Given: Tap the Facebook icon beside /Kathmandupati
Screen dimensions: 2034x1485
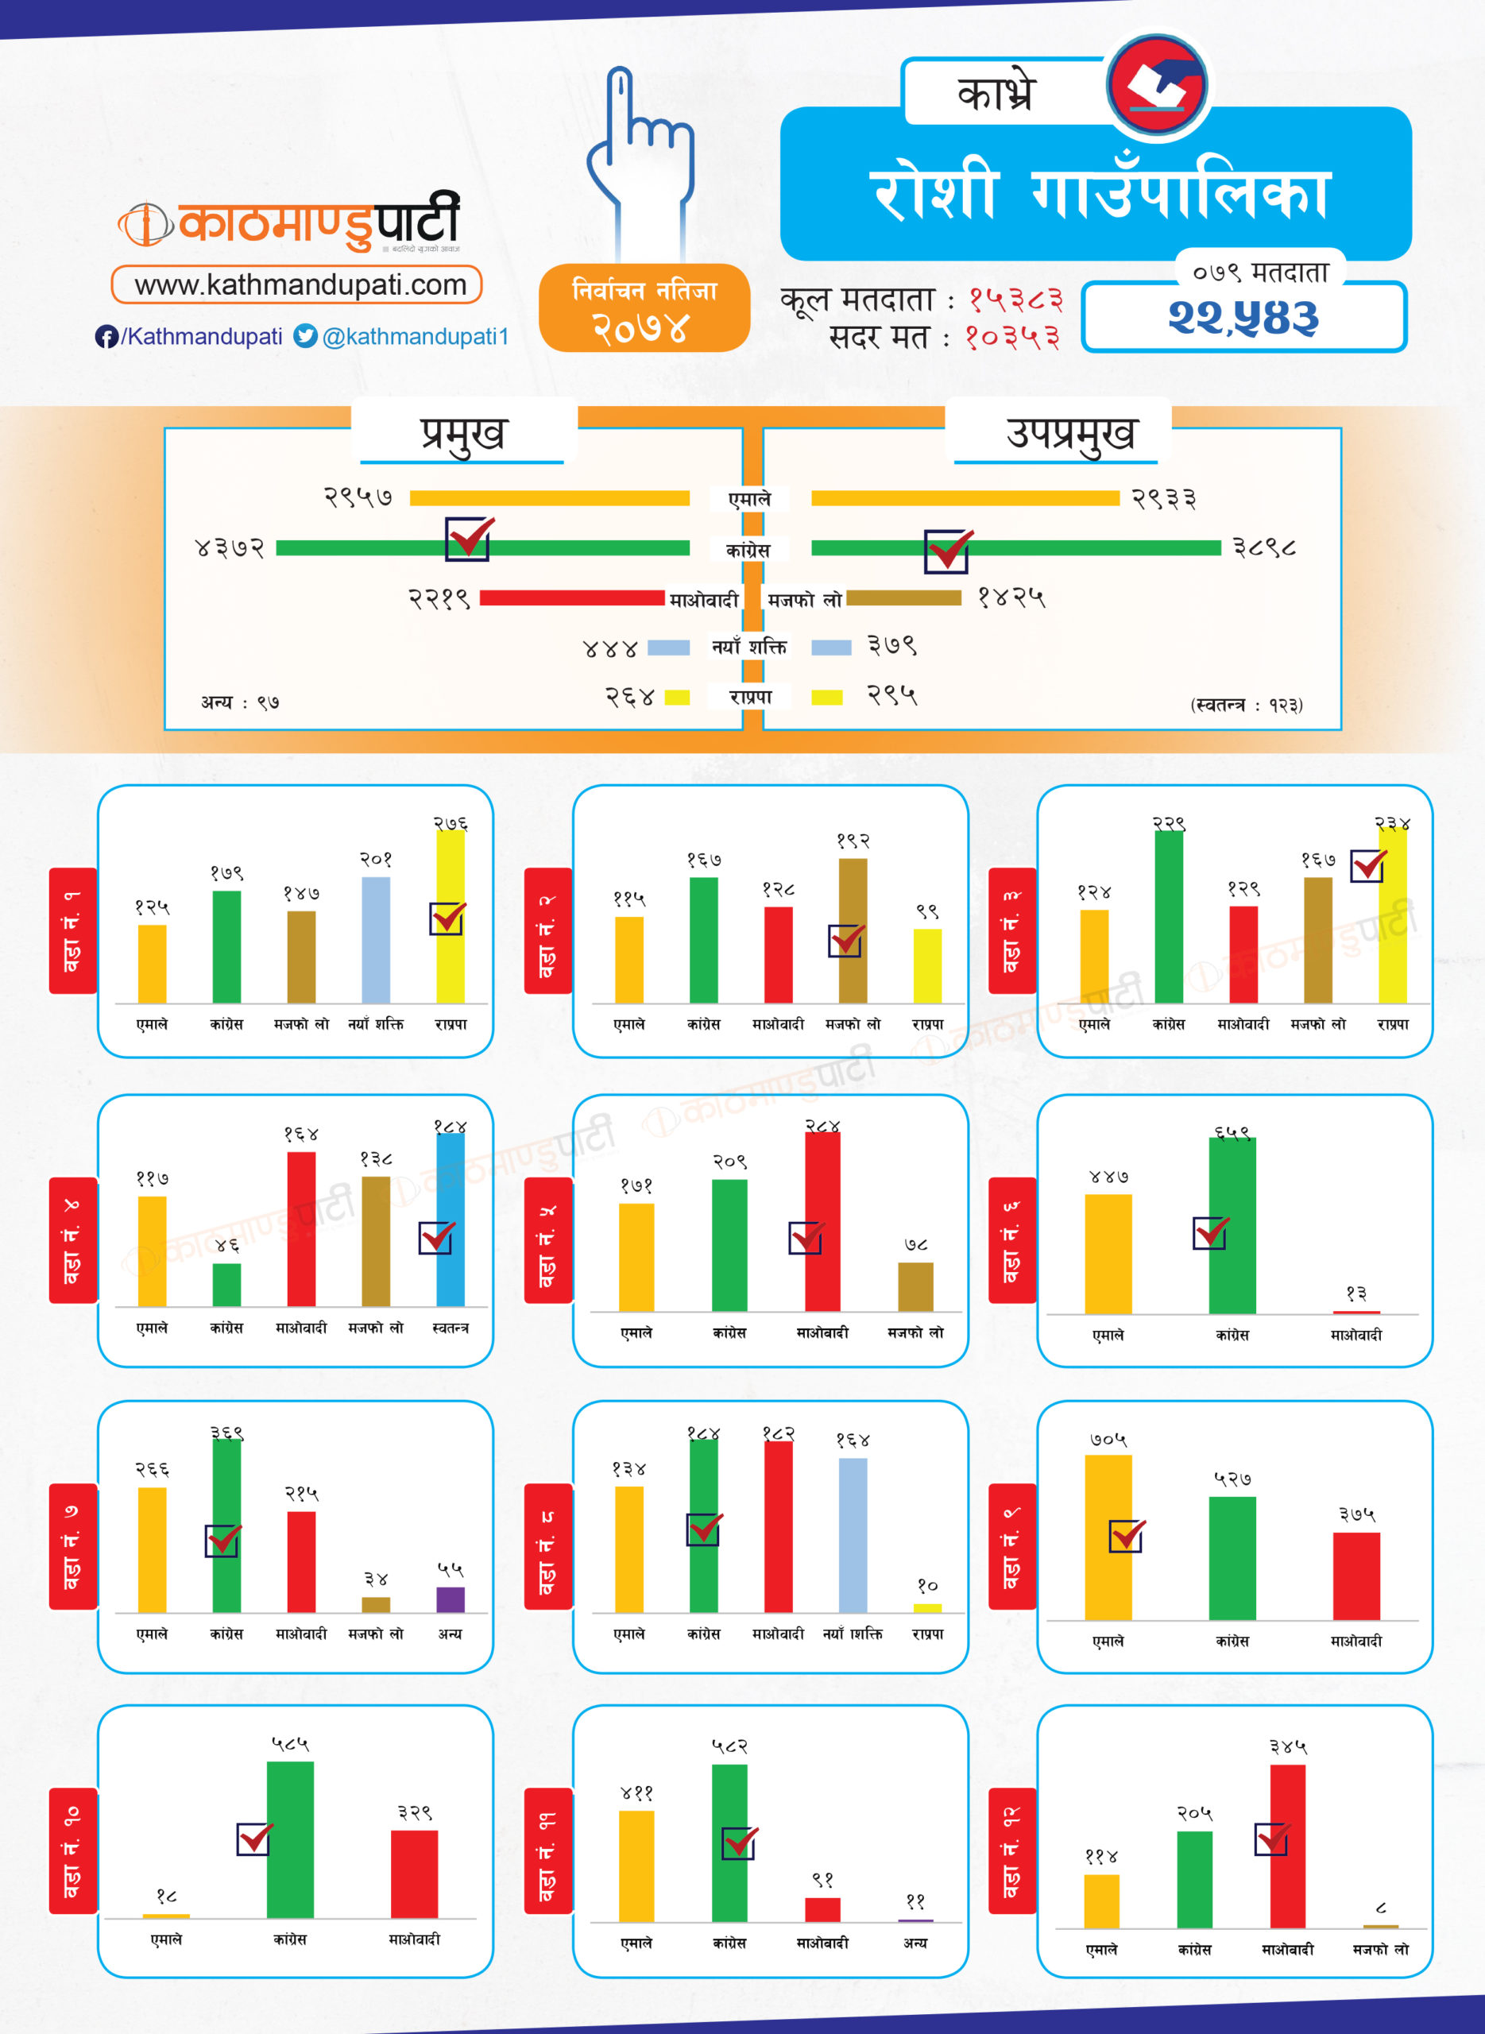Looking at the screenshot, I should (106, 337).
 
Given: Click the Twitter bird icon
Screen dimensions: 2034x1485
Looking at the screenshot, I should (306, 336).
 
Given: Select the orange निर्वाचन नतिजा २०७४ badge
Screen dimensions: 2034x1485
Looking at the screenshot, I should (644, 307).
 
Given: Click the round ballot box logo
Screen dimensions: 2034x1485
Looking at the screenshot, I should (1157, 84).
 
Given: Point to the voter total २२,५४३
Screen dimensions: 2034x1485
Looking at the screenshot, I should (1243, 317).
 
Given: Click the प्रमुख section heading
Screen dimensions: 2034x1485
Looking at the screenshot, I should (463, 433).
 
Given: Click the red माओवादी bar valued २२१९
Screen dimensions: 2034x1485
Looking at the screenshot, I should (572, 597).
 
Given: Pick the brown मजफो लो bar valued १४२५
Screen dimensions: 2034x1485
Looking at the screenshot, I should (903, 597).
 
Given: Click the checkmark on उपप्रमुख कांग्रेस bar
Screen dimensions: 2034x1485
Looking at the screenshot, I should (947, 550).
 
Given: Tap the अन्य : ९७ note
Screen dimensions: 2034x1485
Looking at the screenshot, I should (240, 702).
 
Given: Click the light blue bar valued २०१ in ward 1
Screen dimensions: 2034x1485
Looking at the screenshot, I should (376, 939).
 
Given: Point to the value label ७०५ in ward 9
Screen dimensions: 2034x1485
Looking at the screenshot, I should (1108, 1440).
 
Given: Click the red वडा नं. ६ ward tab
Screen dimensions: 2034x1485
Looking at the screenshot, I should (1012, 1239).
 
